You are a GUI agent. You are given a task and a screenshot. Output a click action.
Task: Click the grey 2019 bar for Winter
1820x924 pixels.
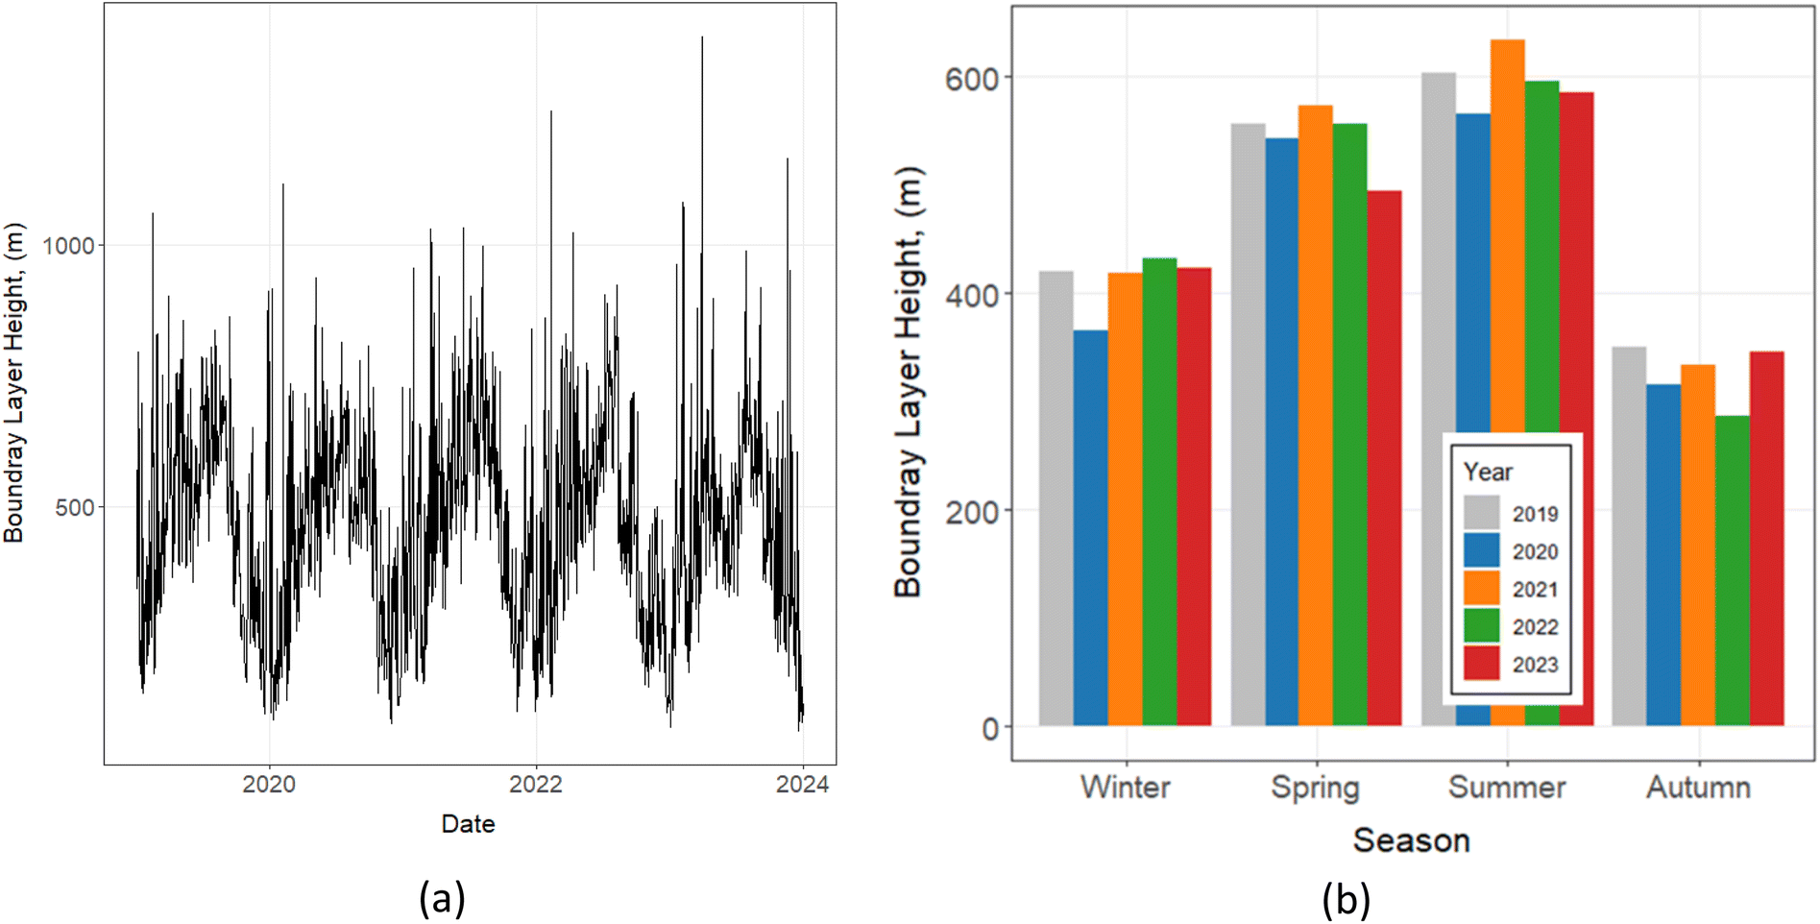(1056, 499)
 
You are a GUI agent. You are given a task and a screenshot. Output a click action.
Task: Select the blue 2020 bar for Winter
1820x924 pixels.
(1090, 528)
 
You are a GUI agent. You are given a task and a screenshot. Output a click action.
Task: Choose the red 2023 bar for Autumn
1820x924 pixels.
(1766, 538)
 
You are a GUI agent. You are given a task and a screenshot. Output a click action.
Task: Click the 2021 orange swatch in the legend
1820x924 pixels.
(1481, 589)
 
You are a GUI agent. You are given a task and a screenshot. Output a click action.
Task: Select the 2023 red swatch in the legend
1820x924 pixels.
(1481, 664)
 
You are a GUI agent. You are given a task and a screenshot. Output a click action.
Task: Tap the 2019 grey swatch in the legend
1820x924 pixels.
(1481, 513)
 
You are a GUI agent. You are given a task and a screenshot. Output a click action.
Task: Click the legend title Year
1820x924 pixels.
(1487, 472)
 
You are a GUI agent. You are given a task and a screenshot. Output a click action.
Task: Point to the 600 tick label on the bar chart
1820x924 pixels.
(971, 79)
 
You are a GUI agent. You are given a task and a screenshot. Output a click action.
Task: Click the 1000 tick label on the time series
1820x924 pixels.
(69, 246)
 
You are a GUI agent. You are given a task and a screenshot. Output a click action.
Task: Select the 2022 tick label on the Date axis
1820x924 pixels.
(535, 785)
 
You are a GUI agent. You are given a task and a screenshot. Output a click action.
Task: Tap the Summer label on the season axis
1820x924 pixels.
(1506, 788)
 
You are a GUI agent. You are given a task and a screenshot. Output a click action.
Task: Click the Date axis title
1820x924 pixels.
(468, 824)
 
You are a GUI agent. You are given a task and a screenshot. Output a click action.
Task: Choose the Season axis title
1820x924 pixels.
(1411, 840)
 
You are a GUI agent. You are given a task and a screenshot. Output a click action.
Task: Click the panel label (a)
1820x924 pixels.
(442, 899)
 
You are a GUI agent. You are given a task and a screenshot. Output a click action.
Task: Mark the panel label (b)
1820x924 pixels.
(1346, 899)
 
